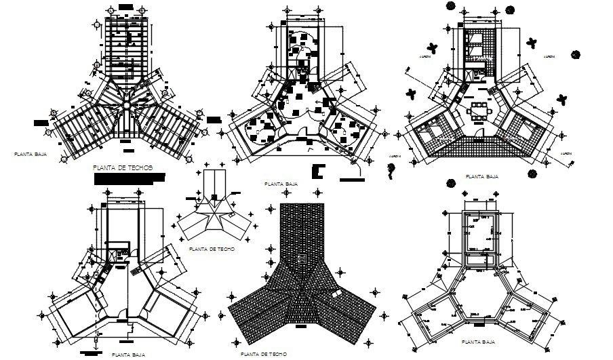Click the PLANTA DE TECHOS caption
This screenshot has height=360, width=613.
[x=123, y=166]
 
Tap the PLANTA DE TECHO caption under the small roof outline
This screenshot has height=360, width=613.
[x=212, y=249]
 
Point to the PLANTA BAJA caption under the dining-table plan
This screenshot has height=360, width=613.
[x=482, y=176]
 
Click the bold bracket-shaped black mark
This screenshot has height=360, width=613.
[x=319, y=172]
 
